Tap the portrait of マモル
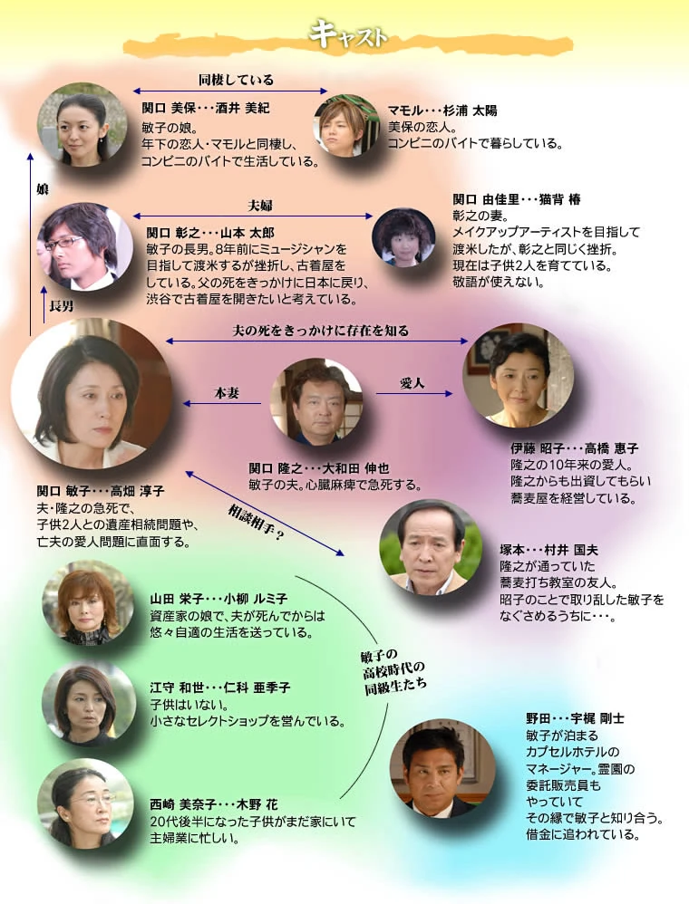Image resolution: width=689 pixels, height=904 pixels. pyautogui.click(x=346, y=125)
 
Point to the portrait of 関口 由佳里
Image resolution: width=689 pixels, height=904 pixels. pyautogui.click(x=403, y=237)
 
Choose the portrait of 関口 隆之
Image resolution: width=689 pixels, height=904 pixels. pyautogui.click(x=316, y=400)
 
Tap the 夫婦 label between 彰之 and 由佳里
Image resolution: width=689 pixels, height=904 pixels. pyautogui.click(x=260, y=205)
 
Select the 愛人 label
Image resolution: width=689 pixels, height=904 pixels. pyautogui.click(x=412, y=382)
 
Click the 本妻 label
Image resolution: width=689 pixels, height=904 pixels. pyautogui.click(x=226, y=393)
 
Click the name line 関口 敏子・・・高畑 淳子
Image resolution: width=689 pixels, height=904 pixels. pyautogui.click(x=100, y=491)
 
